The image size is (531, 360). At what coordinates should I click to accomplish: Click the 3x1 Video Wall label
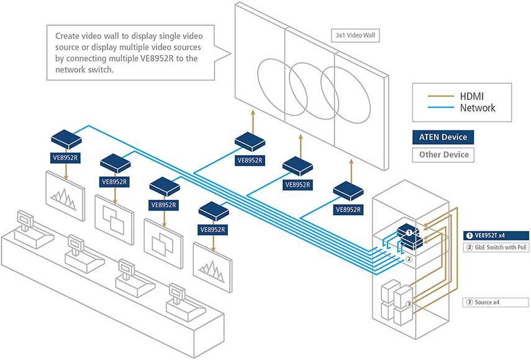pyautogui.click(x=355, y=35)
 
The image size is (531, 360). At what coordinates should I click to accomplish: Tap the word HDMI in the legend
pyautogui.click(x=472, y=96)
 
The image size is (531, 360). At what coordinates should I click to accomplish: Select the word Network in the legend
pyautogui.click(x=478, y=108)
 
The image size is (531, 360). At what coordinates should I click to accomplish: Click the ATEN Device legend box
pyautogui.click(x=443, y=137)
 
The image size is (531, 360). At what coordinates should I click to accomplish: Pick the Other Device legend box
pyautogui.click(x=443, y=155)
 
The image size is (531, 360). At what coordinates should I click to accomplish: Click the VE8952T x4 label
pyautogui.click(x=496, y=235)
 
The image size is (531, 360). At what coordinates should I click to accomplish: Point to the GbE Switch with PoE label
pyautogui.click(x=496, y=247)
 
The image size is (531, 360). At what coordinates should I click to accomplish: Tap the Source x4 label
pyautogui.click(x=496, y=302)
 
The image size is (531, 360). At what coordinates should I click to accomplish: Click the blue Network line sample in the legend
pyautogui.click(x=440, y=107)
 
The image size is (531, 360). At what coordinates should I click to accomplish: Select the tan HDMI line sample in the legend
pyautogui.click(x=440, y=96)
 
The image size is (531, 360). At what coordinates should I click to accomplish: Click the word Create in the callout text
pyautogui.click(x=67, y=36)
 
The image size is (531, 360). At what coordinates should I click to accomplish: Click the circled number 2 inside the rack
pyautogui.click(x=409, y=259)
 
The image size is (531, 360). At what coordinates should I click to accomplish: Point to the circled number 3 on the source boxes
pyautogui.click(x=409, y=304)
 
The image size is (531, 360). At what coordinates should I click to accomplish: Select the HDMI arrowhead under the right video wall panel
pyautogui.click(x=351, y=162)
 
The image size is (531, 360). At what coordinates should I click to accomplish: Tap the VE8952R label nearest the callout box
pyautogui.click(x=65, y=158)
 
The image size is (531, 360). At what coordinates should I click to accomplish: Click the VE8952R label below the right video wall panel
pyautogui.click(x=348, y=210)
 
